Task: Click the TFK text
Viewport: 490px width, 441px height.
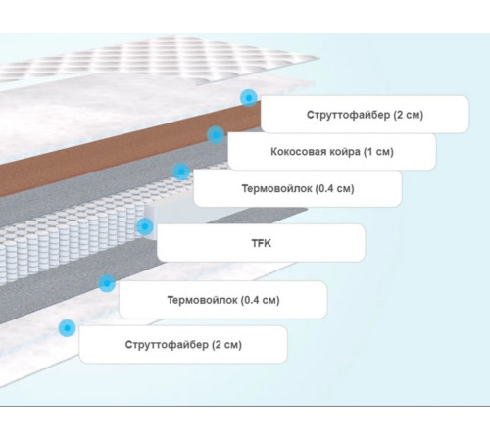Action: [x=262, y=243]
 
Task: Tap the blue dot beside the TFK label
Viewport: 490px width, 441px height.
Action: [x=145, y=226]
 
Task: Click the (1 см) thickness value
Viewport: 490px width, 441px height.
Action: [x=378, y=152]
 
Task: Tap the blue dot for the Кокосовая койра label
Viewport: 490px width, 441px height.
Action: [x=216, y=135]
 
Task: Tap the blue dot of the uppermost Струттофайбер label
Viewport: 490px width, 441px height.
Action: [x=249, y=98]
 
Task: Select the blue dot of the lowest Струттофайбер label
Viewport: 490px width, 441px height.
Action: [x=67, y=328]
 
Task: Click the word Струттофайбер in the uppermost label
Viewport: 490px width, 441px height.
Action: [x=348, y=115]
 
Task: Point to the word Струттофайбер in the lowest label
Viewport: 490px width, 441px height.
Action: [x=167, y=345]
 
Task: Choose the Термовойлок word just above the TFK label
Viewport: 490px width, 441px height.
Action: [x=277, y=188]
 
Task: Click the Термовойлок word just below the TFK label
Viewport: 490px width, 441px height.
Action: [x=203, y=300]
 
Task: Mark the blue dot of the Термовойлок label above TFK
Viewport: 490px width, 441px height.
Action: [x=181, y=171]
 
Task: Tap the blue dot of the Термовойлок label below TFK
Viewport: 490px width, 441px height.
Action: [x=107, y=283]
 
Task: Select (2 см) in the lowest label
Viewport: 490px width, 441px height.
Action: [x=226, y=345]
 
